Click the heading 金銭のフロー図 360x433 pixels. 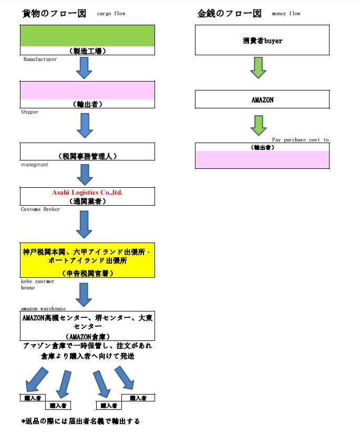coord(230,14)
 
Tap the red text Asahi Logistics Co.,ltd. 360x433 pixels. coord(87,193)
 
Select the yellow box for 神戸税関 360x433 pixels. coord(87,260)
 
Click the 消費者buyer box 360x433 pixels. coord(262,40)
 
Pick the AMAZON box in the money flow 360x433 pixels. coord(262,99)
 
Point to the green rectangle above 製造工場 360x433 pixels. coord(87,36)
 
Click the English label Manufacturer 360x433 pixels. coord(40,59)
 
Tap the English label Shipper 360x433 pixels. coord(30,112)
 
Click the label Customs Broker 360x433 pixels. coord(40,209)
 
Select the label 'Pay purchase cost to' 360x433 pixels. coord(300,139)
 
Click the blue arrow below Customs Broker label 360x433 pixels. coord(84,225)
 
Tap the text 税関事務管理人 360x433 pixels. coord(87,156)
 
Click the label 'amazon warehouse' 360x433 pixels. coord(43,308)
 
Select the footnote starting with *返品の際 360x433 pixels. coord(80,421)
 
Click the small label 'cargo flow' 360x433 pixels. coord(111,14)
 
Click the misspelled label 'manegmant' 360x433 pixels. coord(35,165)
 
